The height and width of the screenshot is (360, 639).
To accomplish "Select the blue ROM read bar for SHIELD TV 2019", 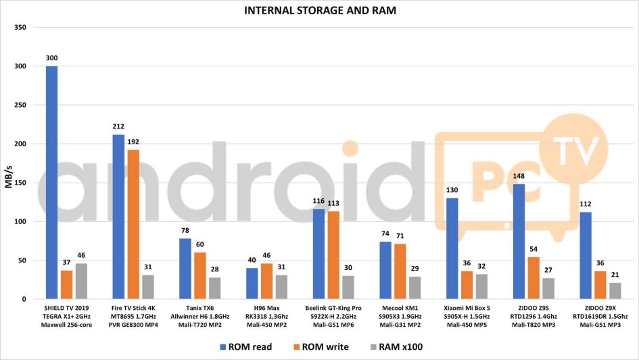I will click(51, 183).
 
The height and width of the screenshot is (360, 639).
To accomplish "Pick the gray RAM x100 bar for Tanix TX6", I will click(214, 288).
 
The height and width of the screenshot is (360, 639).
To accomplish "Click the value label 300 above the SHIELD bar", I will click(51, 58).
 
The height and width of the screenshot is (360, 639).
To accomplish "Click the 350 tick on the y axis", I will click(20, 28).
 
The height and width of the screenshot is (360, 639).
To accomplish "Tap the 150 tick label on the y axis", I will click(20, 183).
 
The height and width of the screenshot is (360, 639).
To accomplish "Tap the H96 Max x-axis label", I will click(266, 308).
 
